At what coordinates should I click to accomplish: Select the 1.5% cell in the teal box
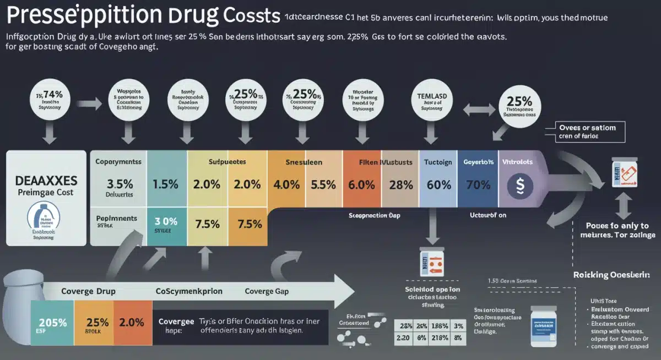click(166, 184)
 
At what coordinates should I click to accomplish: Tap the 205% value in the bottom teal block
click(52, 323)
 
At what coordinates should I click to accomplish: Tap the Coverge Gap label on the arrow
click(267, 291)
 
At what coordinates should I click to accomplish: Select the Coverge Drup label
click(88, 291)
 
